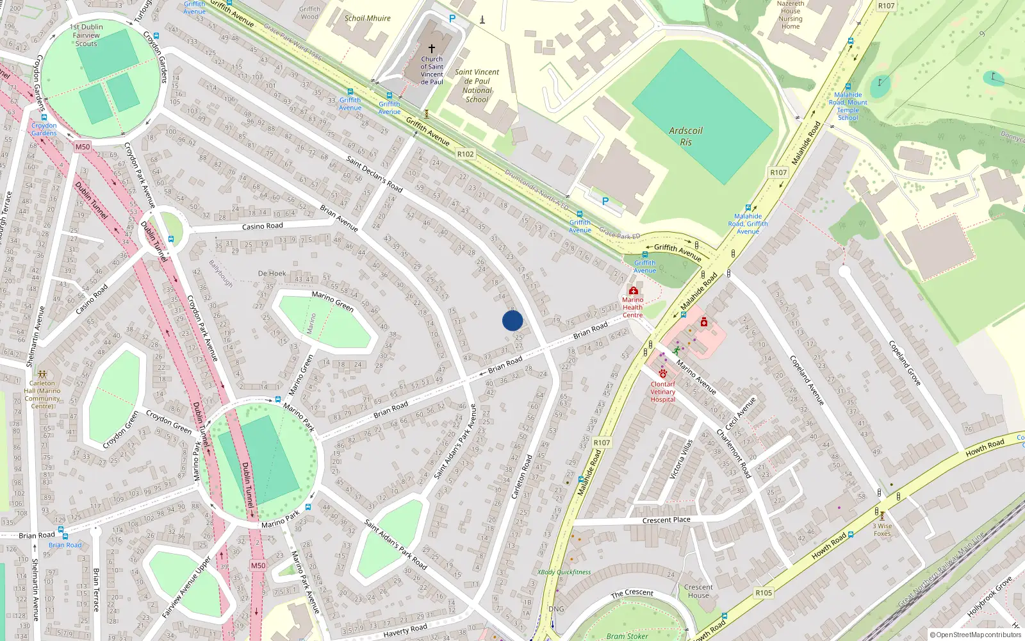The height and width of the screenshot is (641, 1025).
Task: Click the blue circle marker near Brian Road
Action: click(512, 320)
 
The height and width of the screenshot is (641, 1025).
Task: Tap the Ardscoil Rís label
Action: click(685, 136)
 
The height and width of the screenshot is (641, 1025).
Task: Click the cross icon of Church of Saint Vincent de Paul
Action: click(432, 49)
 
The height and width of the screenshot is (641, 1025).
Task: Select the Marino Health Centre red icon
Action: click(633, 290)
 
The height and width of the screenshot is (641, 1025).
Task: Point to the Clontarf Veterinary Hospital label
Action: click(662, 392)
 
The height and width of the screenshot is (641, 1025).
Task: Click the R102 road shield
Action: click(466, 154)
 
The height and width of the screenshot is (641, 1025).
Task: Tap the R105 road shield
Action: click(764, 593)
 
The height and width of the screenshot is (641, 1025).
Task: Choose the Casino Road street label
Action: click(262, 226)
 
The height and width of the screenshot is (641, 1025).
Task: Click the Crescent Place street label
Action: click(666, 520)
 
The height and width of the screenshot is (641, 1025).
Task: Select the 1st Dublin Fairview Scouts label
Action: click(86, 35)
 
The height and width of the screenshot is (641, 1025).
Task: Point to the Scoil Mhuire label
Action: click(367, 18)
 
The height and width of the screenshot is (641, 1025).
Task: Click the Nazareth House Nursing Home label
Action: click(791, 15)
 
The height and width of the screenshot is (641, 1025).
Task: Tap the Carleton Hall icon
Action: click(42, 374)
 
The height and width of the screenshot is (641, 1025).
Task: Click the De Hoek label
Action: click(272, 273)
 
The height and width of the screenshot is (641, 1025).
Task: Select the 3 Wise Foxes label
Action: click(882, 529)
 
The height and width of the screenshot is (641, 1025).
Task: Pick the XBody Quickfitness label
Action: click(564, 572)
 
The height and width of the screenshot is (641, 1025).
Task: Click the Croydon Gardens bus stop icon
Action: click(44, 117)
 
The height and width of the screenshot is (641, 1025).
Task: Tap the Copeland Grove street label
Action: click(905, 363)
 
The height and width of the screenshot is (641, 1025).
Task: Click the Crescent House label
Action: click(698, 591)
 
